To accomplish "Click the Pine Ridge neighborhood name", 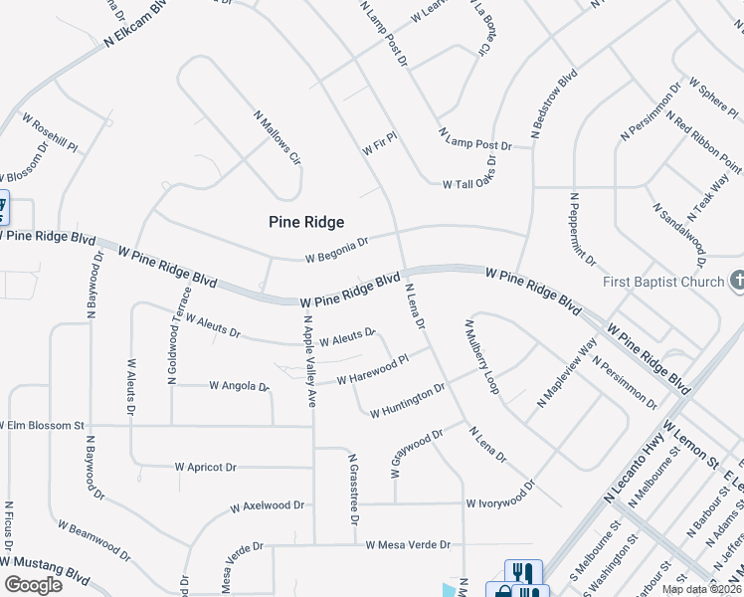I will click(306, 222).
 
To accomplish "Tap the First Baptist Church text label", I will click(663, 282).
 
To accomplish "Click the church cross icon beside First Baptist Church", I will click(736, 282).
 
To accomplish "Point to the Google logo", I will click(33, 585).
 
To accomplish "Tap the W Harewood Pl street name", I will click(373, 370).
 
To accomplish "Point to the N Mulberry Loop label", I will click(479, 355).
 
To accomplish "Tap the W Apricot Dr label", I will click(205, 466).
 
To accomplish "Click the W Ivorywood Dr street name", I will click(500, 495).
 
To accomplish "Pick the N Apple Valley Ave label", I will click(309, 361).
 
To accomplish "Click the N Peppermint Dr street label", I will click(582, 230).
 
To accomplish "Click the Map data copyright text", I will click(700, 589).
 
